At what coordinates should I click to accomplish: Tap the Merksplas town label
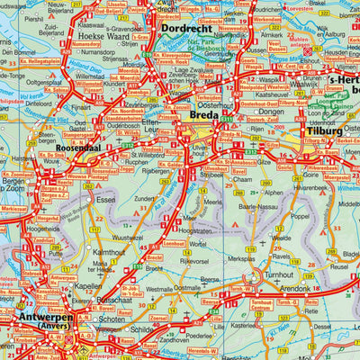pyautogui.click(x=240, y=258)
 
